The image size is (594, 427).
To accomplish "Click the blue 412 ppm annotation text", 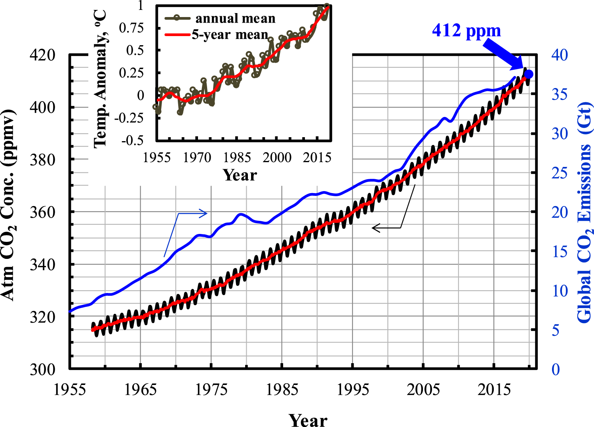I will point(466,31).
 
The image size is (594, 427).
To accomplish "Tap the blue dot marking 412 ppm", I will point(528,74).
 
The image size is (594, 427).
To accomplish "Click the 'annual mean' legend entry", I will point(235,18).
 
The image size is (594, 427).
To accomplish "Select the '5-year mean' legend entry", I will point(230,34).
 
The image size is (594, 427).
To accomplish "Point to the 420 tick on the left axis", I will point(42,55).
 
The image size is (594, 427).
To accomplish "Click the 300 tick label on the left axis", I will point(42,370).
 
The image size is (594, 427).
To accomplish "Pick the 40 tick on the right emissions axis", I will point(559,55).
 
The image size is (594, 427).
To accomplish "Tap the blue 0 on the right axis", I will point(556,370).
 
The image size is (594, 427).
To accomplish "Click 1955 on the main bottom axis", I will point(70,390).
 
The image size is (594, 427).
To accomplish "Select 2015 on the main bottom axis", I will point(494,390).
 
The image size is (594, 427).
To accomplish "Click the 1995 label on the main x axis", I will point(352,390).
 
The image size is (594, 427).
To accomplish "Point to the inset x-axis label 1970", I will point(197,158).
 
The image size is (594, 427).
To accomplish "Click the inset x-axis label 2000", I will point(277,158).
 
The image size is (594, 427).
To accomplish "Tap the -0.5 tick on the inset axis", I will point(132,141).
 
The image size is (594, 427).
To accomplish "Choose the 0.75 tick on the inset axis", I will point(131,28).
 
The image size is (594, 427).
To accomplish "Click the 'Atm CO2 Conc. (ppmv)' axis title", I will point(9,204).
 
